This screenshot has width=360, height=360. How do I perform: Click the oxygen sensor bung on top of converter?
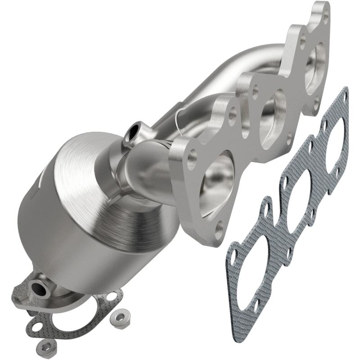pos(134,131)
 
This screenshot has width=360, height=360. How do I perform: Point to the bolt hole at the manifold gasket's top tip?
pos(344,95)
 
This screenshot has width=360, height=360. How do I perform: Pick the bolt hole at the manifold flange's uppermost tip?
pos(325,19)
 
